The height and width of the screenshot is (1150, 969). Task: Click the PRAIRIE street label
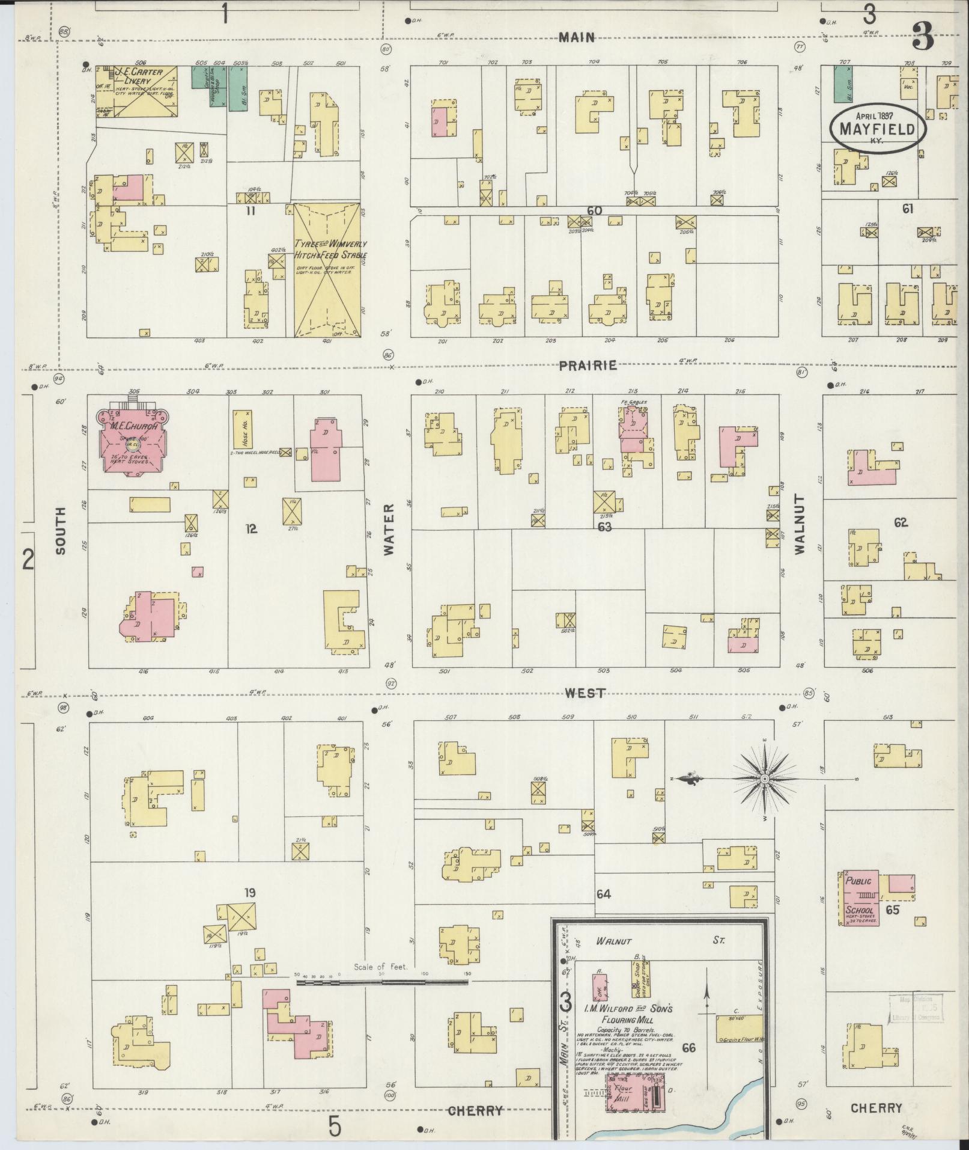(588, 365)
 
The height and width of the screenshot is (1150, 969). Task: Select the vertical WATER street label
(387, 530)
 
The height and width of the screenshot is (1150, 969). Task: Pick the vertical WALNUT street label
(798, 524)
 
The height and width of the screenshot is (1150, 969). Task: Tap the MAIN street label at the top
(576, 37)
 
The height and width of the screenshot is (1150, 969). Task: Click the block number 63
(604, 527)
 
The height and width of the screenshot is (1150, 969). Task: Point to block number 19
(250, 893)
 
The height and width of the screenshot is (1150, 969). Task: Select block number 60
(595, 210)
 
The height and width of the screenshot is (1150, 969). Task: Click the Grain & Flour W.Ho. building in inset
(740, 1029)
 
